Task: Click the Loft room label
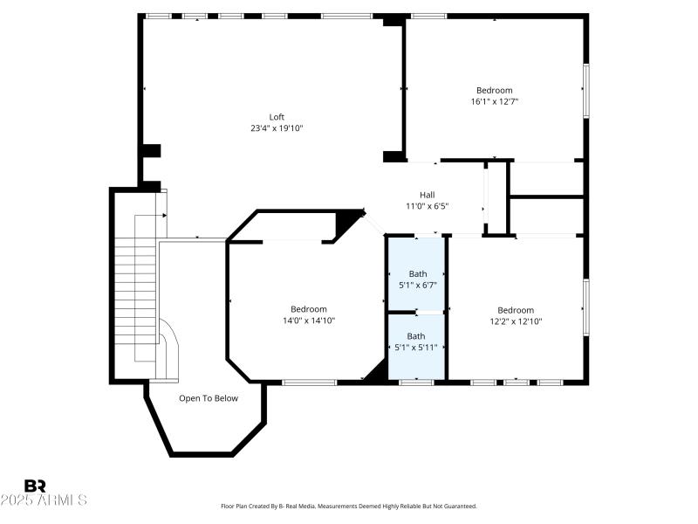(x=277, y=117)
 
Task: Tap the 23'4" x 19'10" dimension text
(x=277, y=128)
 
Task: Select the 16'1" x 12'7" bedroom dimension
(x=494, y=101)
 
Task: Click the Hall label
(x=427, y=195)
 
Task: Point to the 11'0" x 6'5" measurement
(x=427, y=206)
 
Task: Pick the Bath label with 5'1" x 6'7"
(x=417, y=273)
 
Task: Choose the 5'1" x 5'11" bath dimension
(x=416, y=347)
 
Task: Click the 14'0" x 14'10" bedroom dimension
(x=309, y=321)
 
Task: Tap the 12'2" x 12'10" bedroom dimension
(x=516, y=321)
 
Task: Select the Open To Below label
(x=209, y=398)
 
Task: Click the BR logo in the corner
(x=35, y=486)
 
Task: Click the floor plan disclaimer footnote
(x=349, y=506)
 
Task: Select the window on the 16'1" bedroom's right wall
(x=586, y=91)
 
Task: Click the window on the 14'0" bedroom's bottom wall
(x=309, y=382)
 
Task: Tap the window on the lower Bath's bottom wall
(x=416, y=382)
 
